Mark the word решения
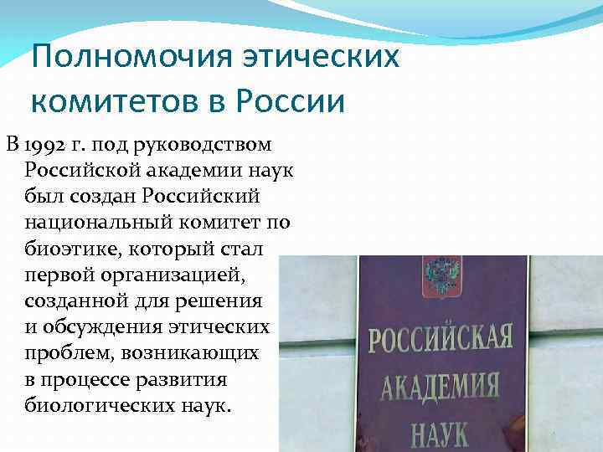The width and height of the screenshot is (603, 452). point(227,300)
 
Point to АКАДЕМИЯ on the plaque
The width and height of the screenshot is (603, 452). point(440,386)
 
